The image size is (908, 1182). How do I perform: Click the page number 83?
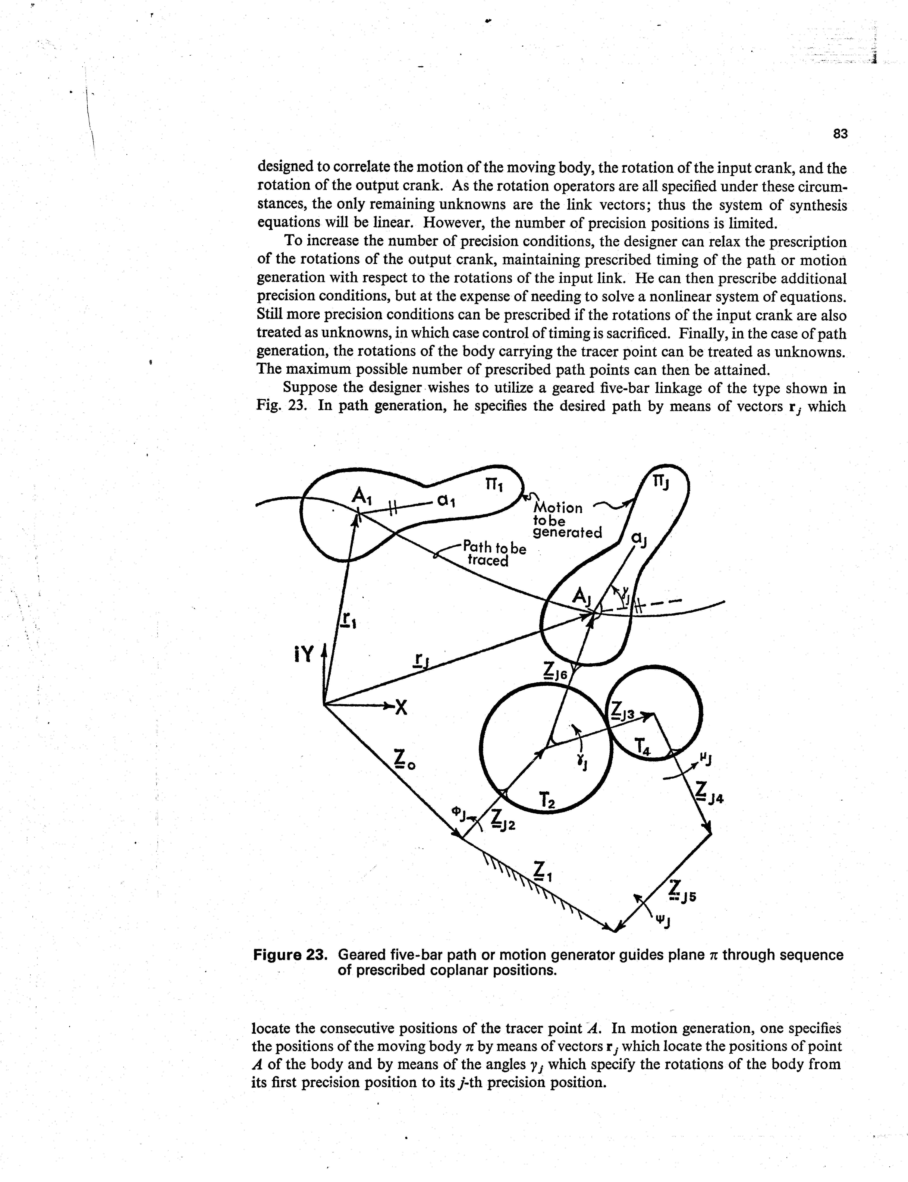click(x=840, y=134)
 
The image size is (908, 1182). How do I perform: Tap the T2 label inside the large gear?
click(x=547, y=800)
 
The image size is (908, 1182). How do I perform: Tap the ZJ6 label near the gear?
click(x=555, y=672)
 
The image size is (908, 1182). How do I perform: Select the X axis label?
click(x=400, y=707)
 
